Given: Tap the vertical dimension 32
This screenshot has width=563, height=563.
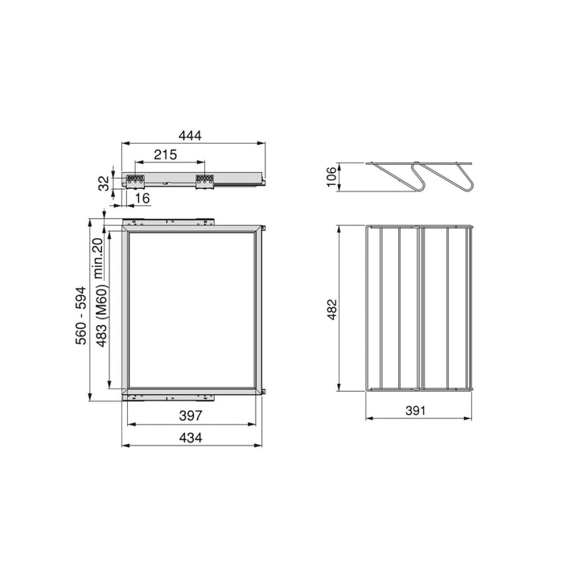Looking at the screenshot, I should (x=104, y=183).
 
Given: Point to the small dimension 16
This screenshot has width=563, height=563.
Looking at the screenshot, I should (x=142, y=198).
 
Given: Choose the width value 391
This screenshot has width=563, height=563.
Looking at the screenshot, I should (x=416, y=409).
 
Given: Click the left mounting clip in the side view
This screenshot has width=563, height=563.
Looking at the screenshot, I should (x=134, y=180).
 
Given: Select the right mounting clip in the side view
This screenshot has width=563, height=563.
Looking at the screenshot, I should (x=204, y=180).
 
